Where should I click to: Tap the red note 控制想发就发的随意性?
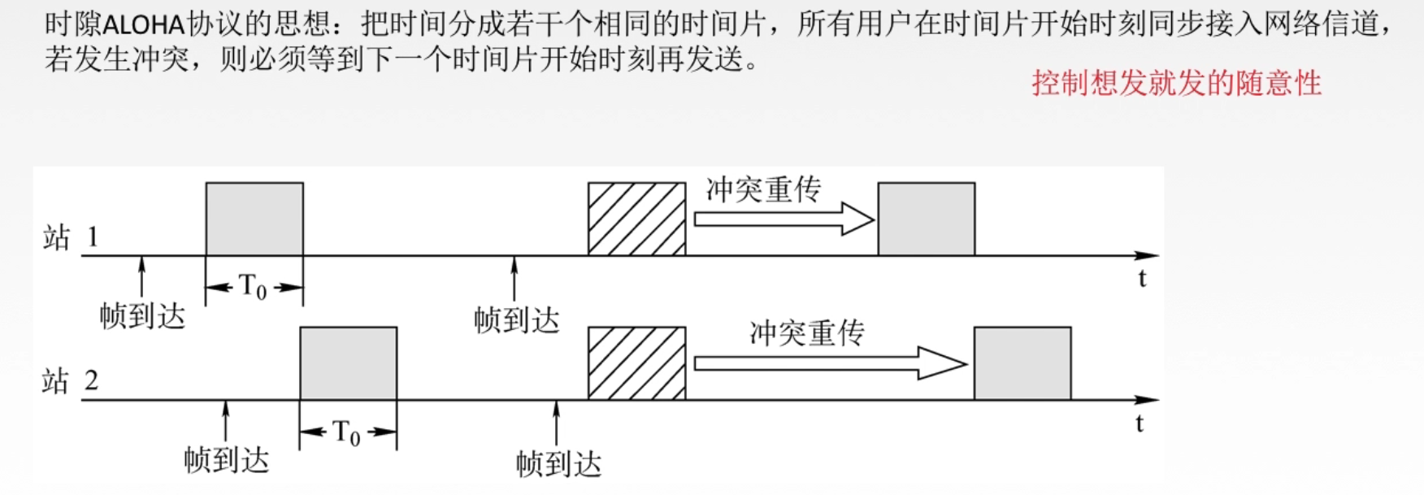1176,83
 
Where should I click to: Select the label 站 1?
70,237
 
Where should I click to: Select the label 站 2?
70,380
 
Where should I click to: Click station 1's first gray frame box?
254,219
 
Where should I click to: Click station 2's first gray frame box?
349,363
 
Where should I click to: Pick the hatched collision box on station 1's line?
636,219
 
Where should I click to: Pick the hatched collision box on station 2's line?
636,363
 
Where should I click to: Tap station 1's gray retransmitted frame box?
927,219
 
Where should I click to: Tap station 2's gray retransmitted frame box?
1022,363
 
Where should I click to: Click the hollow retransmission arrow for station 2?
829,363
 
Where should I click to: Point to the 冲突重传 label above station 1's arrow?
763,189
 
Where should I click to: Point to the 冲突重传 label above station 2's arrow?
806,333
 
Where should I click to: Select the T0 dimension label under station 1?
253,287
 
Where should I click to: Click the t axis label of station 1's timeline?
1142,279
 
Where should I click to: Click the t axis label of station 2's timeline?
1140,423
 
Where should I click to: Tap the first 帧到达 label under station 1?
142,316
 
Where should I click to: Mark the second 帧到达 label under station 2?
558,464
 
